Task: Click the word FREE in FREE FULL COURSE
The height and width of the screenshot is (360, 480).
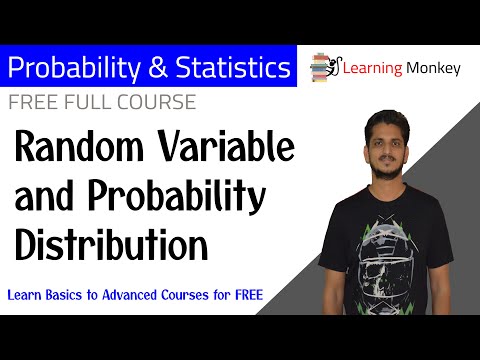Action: (33, 102)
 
